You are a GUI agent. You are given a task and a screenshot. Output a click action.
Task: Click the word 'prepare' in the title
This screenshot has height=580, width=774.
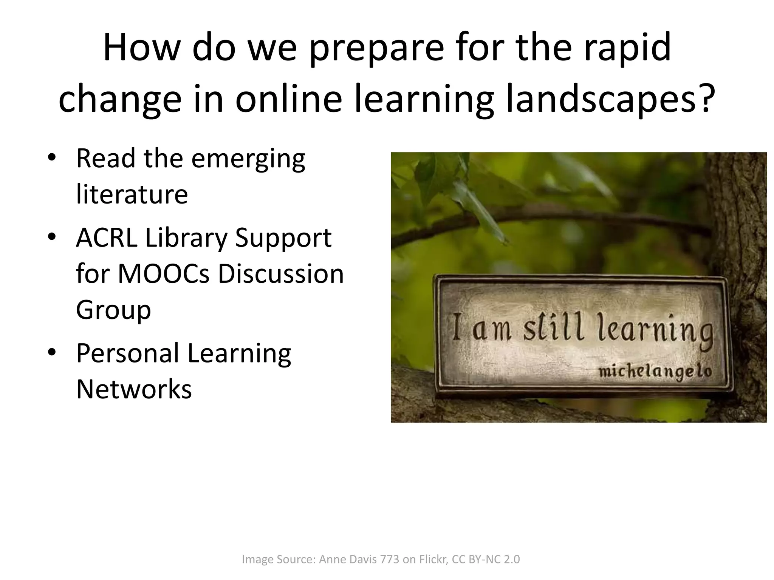[x=376, y=48]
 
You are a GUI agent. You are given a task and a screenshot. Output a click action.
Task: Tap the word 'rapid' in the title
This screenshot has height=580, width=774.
[x=627, y=48]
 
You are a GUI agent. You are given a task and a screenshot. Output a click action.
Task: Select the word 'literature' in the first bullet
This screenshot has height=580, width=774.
[x=132, y=194]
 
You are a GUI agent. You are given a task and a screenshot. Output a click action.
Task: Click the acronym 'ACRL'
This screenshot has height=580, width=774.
[x=107, y=238]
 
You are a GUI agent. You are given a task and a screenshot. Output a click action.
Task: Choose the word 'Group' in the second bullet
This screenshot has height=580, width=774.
[x=113, y=310]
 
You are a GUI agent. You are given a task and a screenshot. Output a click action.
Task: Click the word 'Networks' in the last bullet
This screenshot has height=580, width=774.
[x=134, y=389]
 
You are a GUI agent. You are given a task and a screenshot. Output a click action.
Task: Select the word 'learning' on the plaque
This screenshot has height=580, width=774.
[x=655, y=330]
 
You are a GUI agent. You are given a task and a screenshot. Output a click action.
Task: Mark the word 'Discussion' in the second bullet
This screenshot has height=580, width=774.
[x=281, y=274]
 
